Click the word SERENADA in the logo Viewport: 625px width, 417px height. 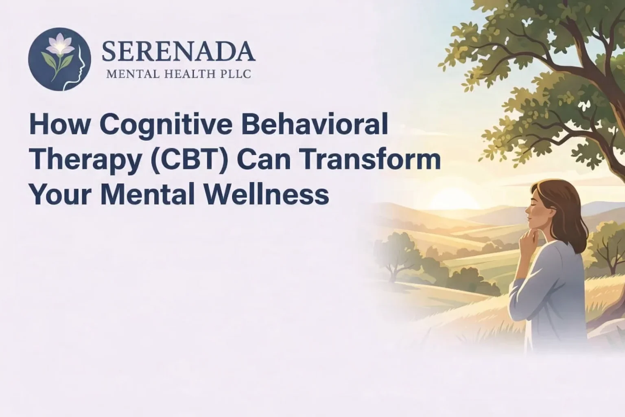[178, 52]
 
